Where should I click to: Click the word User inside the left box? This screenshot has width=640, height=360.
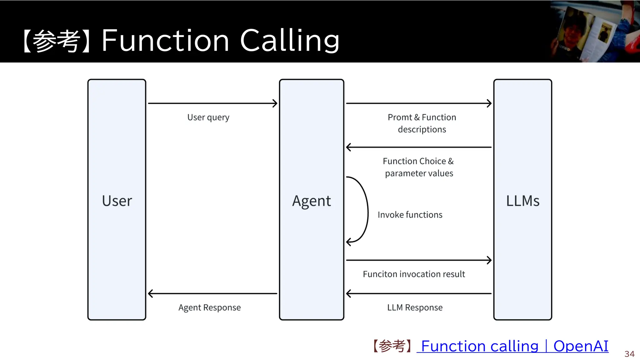pos(117,201)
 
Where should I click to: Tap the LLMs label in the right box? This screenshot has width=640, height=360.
pos(522,201)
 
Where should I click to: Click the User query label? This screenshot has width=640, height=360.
pos(208,117)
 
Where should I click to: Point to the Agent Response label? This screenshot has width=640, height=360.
pos(209,307)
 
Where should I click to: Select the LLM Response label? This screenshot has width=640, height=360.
pos(415,307)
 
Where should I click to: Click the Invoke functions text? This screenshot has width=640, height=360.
pos(410,215)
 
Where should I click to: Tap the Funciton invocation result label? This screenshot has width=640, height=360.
pos(414,274)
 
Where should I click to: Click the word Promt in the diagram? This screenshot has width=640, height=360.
pos(400,117)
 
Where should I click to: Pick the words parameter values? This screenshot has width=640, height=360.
pos(419,173)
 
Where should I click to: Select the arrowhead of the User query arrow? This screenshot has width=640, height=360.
pos(275,103)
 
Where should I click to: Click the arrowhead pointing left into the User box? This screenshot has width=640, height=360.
pos(151,293)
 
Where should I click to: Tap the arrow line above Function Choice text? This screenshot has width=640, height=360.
pos(419,147)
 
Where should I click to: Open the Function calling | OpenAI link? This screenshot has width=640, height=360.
pos(514,346)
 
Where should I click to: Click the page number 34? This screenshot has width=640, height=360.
pos(629,354)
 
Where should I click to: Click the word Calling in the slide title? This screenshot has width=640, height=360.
pos(289,40)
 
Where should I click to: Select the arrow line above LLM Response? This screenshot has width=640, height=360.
pos(419,293)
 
